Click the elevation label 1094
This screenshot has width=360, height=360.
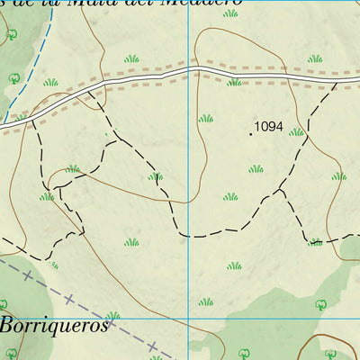pyautogui.click(x=269, y=127)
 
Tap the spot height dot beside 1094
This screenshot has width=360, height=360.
pyautogui.click(x=251, y=133)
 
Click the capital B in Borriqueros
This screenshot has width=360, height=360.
pyautogui.click(x=8, y=325)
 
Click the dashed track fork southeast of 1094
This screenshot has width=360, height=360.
pyautogui.click(x=281, y=191)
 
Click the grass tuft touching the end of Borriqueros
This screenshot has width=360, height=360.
pyautogui.click(x=113, y=316)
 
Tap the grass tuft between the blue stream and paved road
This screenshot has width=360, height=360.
pyautogui.click(x=49, y=82)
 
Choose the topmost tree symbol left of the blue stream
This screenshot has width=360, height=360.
pyautogui.click(x=12, y=35)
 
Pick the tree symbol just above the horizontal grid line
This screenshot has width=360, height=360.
pyautogui.click(x=319, y=304)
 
